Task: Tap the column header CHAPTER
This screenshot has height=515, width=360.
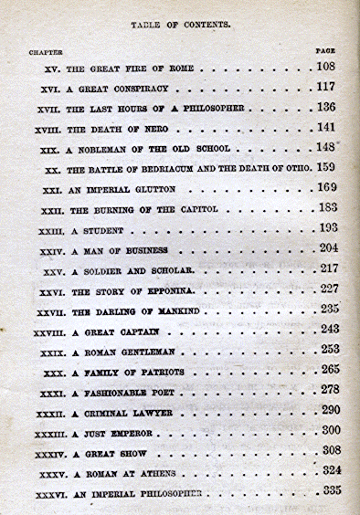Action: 46,52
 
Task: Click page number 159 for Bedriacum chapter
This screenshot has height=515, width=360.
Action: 327,168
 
